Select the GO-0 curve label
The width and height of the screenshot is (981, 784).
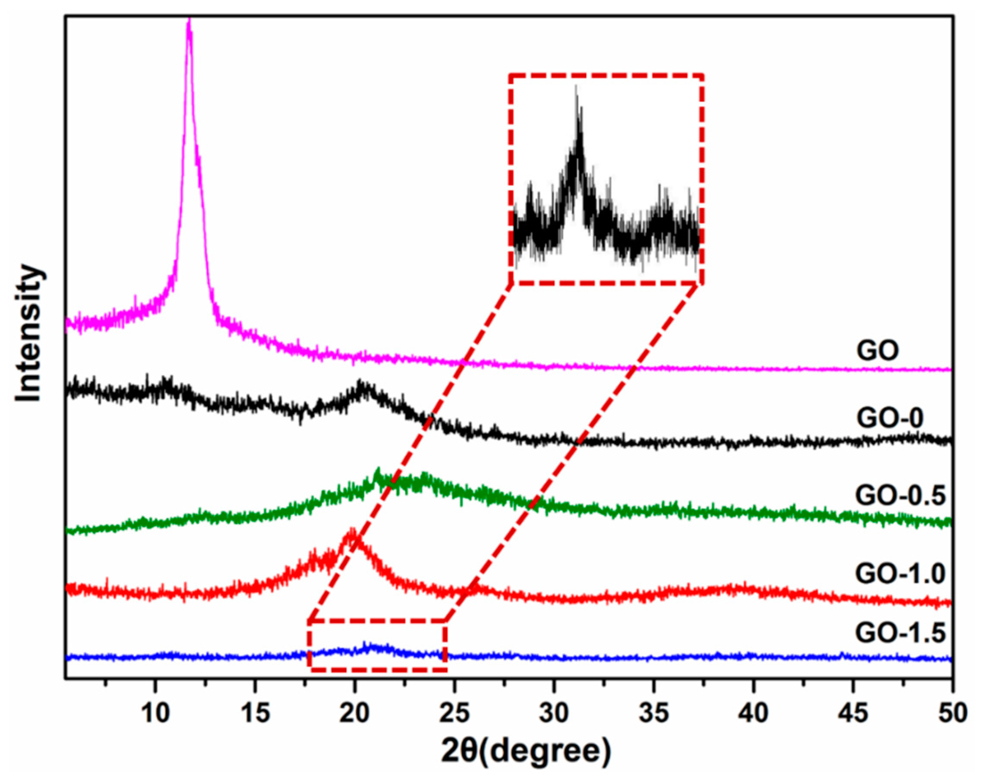pos(890,418)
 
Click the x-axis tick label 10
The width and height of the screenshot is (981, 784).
pos(155,714)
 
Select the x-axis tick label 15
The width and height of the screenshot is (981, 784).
pos(255,714)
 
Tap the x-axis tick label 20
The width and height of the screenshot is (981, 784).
pos(354,714)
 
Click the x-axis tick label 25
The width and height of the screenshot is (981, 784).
pos(454,714)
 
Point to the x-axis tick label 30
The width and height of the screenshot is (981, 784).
pos(554,714)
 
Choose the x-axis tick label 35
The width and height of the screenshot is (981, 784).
pos(653,714)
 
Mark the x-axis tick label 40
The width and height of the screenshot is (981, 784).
pos(753,714)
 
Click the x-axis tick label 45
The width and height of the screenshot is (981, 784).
pos(853,714)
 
